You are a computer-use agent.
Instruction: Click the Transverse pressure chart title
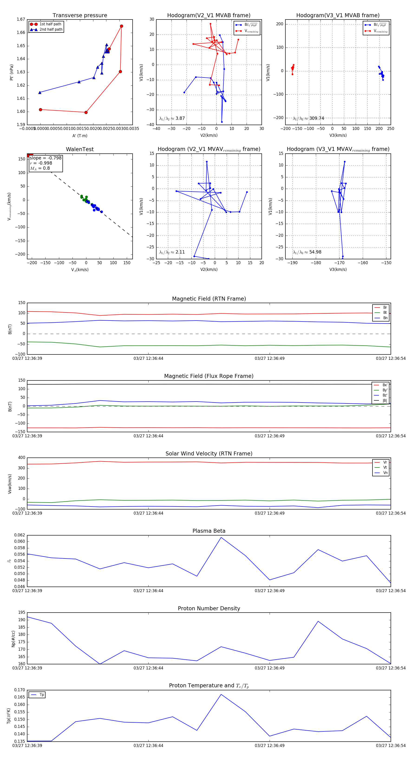(80, 16)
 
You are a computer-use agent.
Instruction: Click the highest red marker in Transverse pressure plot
(121, 26)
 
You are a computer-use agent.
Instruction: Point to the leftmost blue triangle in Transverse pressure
(40, 92)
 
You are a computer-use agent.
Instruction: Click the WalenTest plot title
(80, 149)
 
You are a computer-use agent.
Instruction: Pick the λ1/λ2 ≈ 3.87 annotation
(172, 118)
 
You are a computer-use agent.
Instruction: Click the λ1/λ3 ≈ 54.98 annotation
(307, 252)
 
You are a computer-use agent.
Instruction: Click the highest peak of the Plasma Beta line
(221, 537)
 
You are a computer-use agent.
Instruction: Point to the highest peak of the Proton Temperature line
(221, 694)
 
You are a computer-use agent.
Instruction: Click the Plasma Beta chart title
(209, 531)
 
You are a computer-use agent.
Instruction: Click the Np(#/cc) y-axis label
(13, 638)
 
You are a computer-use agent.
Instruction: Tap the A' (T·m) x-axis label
(80, 136)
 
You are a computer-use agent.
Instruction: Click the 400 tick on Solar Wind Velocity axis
(21, 458)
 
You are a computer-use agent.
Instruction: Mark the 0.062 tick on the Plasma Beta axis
(20, 535)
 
